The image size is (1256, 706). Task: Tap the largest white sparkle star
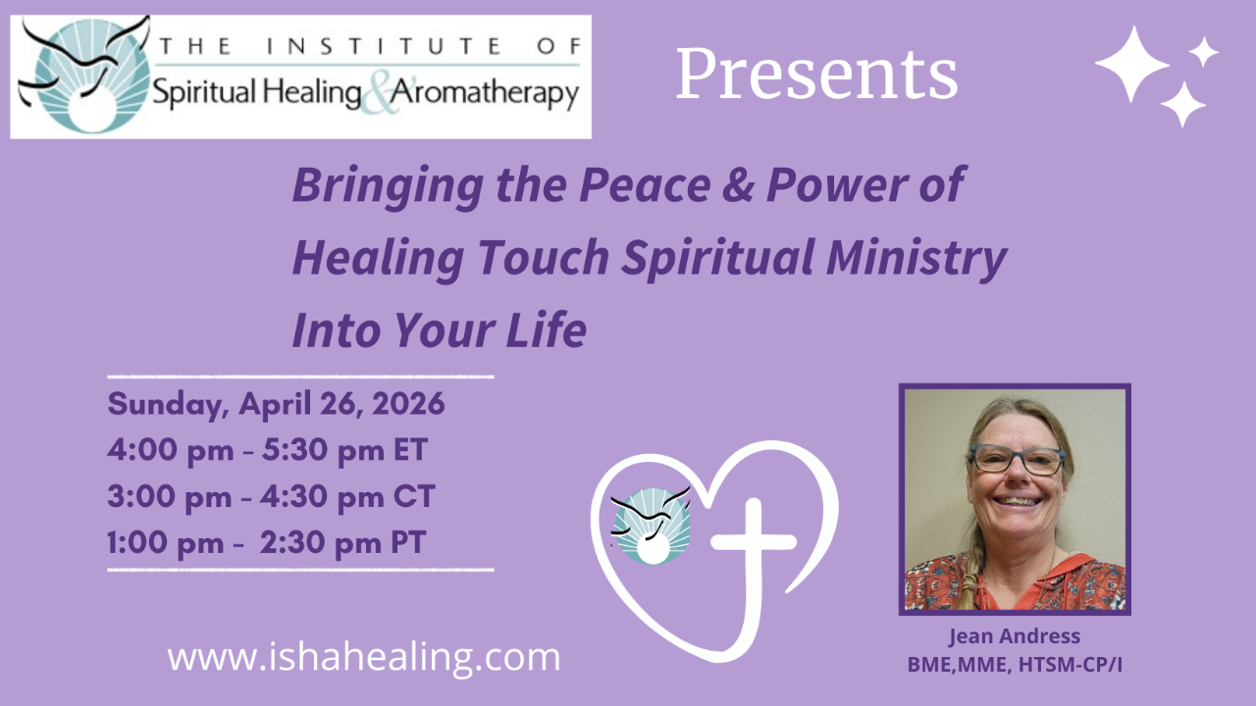click(x=1131, y=63)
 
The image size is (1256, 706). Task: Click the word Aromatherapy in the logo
click(x=486, y=95)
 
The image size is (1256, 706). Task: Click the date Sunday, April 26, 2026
click(x=277, y=404)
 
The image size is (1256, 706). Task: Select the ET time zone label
click(x=407, y=451)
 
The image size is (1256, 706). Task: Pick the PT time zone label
click(x=406, y=542)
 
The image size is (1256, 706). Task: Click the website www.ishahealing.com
click(x=364, y=656)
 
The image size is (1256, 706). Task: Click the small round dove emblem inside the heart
click(x=651, y=526)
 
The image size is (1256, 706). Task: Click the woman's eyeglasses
click(x=1016, y=459)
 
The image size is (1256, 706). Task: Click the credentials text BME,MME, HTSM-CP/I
click(x=1014, y=664)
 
